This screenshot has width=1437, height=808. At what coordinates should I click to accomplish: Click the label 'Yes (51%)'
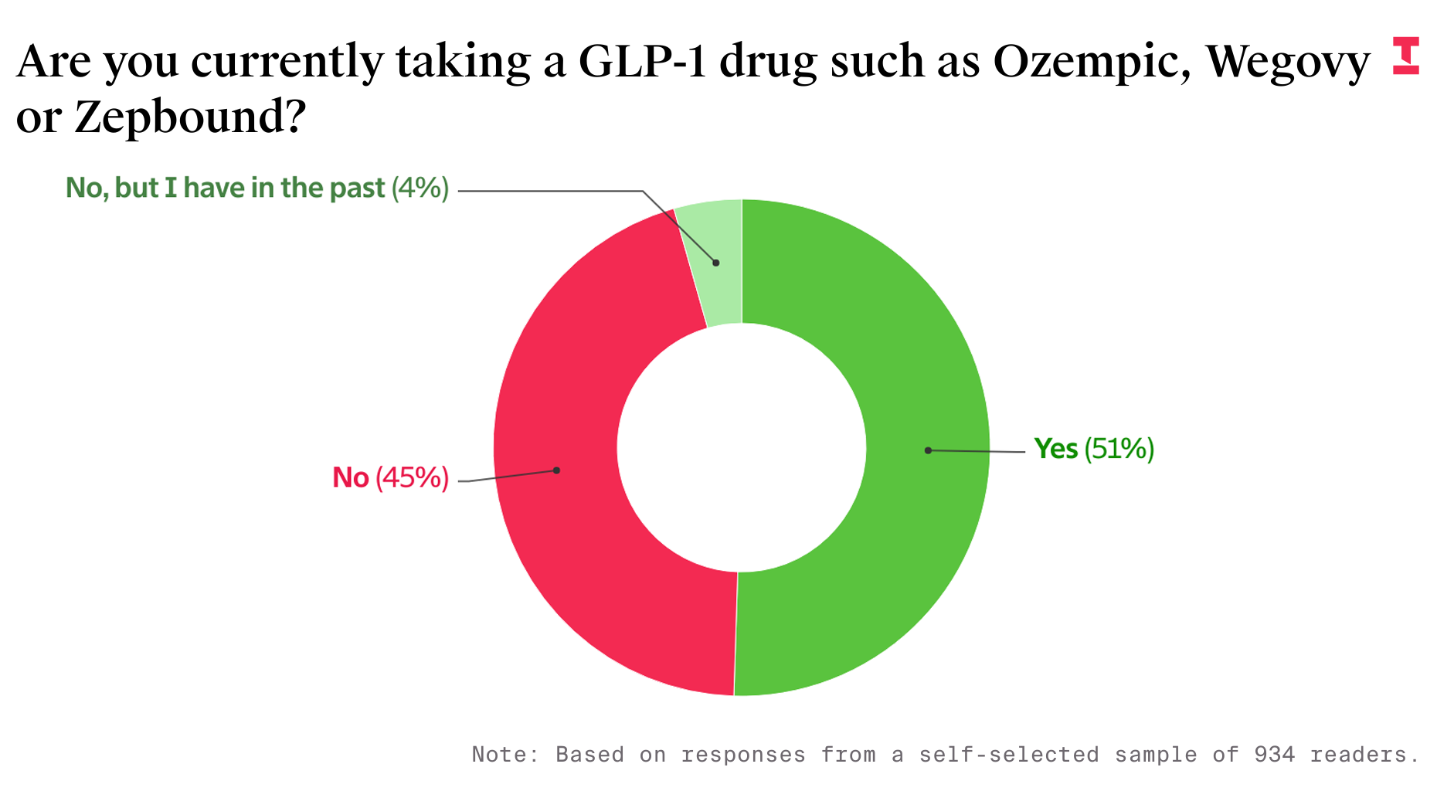tap(1094, 449)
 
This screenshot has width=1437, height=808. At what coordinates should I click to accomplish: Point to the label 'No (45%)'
tap(390, 478)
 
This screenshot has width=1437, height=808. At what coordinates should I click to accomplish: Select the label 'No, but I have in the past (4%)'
tap(256, 188)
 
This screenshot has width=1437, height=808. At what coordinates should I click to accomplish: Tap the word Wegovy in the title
tap(1287, 62)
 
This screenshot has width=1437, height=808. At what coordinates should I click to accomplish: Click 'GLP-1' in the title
tap(643, 62)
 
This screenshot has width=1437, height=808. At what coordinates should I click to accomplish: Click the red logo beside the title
tap(1406, 56)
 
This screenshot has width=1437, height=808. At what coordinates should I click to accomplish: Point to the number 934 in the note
tap(1274, 754)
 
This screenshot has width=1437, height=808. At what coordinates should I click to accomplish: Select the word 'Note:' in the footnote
tap(506, 754)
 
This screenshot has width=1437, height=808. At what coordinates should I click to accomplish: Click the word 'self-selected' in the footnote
tap(1008, 754)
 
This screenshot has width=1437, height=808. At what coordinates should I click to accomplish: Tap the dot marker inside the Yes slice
tap(928, 450)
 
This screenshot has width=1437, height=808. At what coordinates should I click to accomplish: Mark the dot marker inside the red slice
tap(556, 470)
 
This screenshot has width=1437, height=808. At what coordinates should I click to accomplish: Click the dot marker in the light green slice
tap(716, 263)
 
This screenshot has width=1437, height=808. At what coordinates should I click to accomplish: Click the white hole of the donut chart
tap(742, 448)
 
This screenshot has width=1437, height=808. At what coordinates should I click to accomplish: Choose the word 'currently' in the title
tap(287, 62)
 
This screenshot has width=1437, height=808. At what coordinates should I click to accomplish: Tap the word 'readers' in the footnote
tap(1364, 754)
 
